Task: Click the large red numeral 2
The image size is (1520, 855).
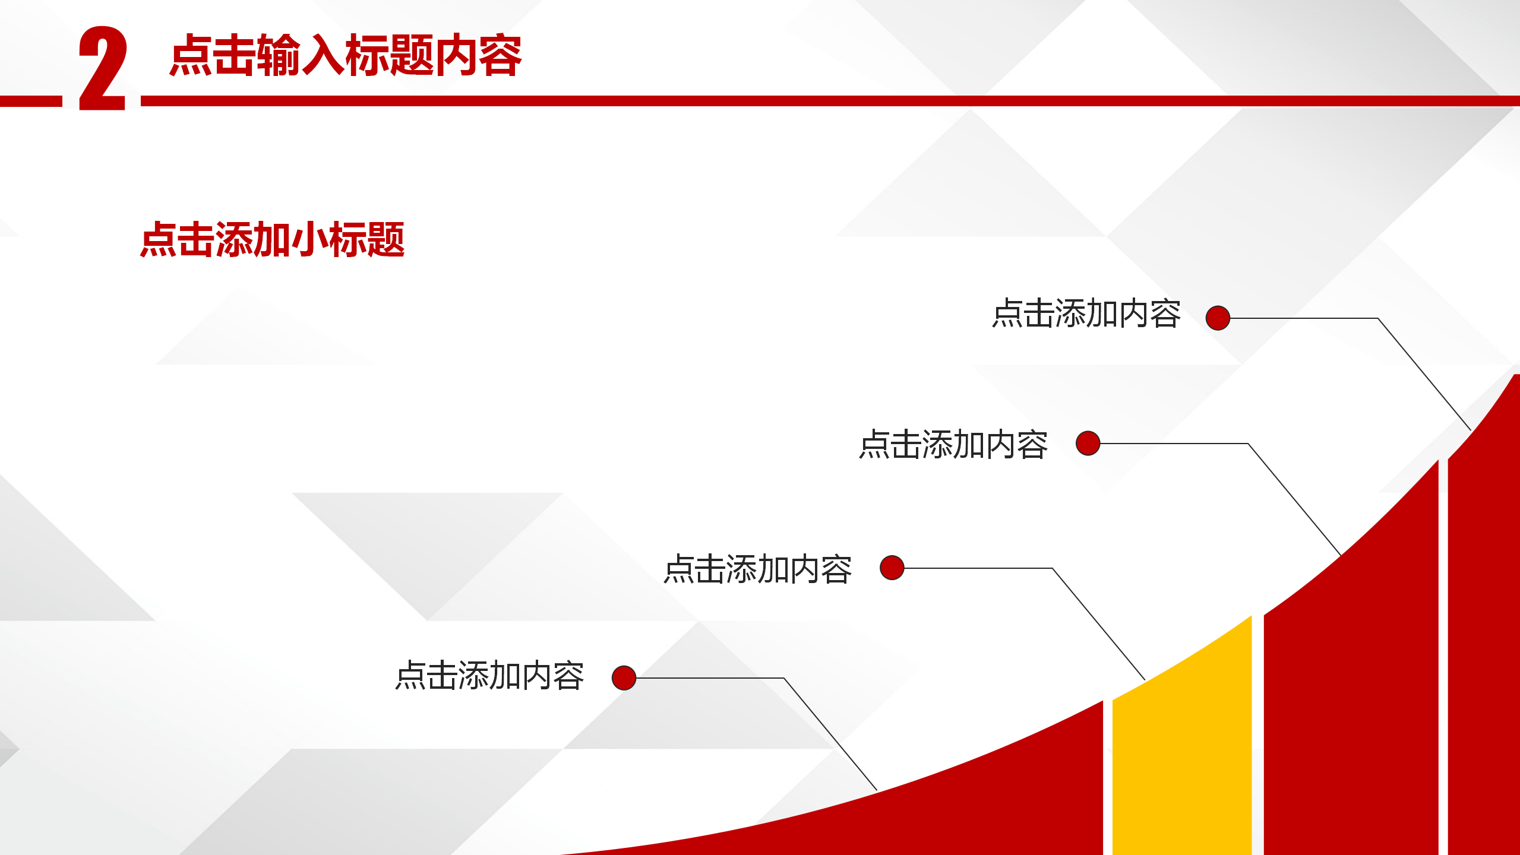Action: pos(102,68)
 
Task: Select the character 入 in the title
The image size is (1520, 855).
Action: pos(323,55)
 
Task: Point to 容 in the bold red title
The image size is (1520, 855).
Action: pos(500,55)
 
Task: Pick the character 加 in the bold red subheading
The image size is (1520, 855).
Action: pos(272,240)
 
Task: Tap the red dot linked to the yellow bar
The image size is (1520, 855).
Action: pos(892,568)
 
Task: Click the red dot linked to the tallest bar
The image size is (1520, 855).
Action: pos(1218,318)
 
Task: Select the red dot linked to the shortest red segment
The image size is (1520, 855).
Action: pos(624,677)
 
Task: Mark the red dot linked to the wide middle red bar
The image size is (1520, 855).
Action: pos(1088,443)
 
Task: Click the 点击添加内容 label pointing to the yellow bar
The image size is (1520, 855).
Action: pos(757,569)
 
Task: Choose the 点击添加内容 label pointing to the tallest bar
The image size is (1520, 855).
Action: pos(1086,313)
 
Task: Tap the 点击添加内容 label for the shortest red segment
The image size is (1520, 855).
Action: pos(489,676)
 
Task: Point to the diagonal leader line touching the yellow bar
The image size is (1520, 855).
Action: pos(1098,623)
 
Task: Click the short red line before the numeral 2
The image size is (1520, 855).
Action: pos(31,101)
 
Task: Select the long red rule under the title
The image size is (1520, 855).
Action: pos(830,101)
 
